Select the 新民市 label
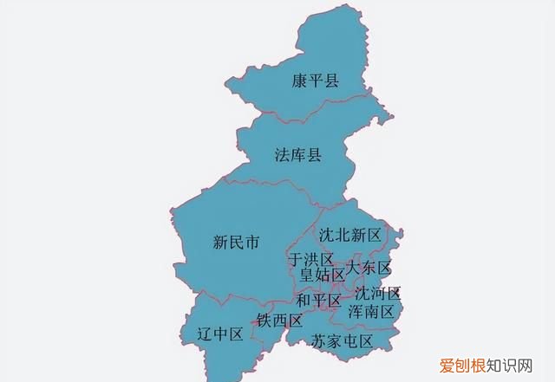(237, 243)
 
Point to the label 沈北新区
(349, 235)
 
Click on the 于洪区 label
(310, 260)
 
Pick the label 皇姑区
(322, 275)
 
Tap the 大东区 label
(369, 268)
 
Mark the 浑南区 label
(371, 310)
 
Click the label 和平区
(318, 301)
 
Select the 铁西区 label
(279, 321)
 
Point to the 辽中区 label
(220, 334)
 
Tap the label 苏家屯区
(342, 341)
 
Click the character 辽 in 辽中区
(205, 334)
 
